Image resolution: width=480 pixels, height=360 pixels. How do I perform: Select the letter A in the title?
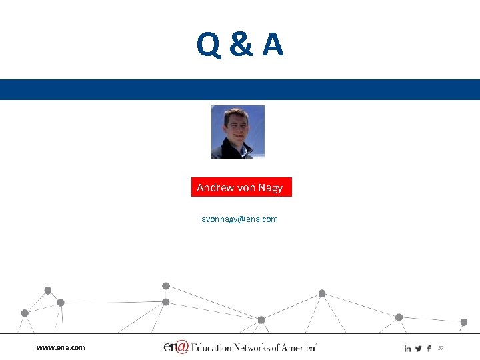coord(272,45)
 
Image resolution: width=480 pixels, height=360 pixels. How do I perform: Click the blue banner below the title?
coord(240,89)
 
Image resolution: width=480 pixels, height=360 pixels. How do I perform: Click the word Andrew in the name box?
coord(215,188)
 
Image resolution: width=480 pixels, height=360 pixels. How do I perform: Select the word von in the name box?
coord(247,188)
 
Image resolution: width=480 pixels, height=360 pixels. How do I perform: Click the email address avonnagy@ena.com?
coord(239,219)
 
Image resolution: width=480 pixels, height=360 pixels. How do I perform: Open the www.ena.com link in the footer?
coord(61,347)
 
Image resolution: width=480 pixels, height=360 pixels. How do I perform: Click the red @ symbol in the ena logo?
coord(181,347)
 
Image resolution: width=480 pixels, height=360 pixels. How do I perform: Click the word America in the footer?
coord(299,347)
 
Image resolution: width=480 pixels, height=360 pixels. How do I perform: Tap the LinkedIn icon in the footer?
coord(407,349)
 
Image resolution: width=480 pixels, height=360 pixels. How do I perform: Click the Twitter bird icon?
coord(418,349)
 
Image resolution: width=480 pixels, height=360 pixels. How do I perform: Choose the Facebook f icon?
coord(429,349)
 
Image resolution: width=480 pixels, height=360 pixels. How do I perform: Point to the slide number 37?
coord(441,348)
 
